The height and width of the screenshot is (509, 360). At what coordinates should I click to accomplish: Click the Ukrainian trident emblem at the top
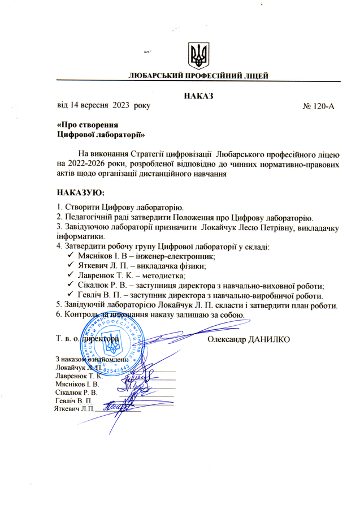[x=197, y=55]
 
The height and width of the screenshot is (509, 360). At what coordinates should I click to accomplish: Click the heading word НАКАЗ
[x=196, y=96]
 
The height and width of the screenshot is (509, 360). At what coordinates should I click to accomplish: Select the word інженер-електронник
[x=173, y=256]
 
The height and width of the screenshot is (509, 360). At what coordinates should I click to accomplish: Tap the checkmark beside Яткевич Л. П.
[x=71, y=266]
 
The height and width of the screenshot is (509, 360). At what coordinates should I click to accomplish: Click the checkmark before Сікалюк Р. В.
[x=71, y=286]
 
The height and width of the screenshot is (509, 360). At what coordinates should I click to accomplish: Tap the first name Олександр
[x=224, y=339]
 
